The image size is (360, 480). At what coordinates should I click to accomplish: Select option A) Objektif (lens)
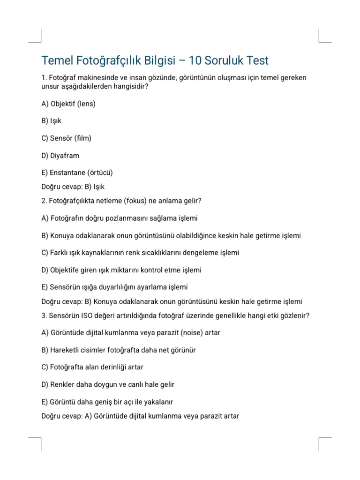click(68, 104)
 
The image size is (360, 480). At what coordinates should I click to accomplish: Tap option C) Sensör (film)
click(67, 138)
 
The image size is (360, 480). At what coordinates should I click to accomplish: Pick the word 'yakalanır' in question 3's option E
click(158, 402)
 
